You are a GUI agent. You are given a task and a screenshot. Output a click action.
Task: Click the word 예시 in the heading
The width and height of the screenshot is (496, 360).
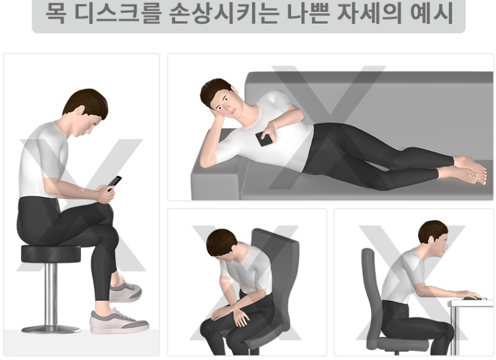tap(430, 13)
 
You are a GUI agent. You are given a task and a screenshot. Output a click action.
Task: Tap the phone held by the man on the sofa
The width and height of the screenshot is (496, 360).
tap(264, 139)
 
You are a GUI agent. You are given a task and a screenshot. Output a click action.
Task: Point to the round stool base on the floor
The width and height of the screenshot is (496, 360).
tap(51, 329)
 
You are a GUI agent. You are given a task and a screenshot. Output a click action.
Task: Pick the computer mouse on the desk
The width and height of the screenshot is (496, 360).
tap(472, 298)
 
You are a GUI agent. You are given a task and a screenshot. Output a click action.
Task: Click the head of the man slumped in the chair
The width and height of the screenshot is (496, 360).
tap(221, 245)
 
